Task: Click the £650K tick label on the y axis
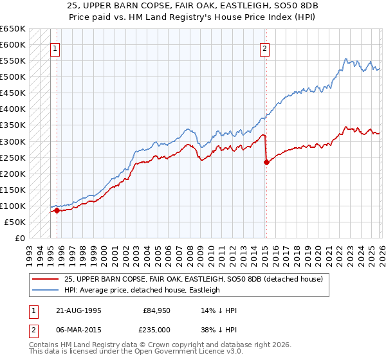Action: [13, 29]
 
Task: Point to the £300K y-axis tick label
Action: [13, 141]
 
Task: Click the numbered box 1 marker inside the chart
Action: [55, 48]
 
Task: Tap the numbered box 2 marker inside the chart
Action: [265, 48]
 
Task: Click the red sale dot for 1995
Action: [57, 210]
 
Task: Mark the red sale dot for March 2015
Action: [266, 163]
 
